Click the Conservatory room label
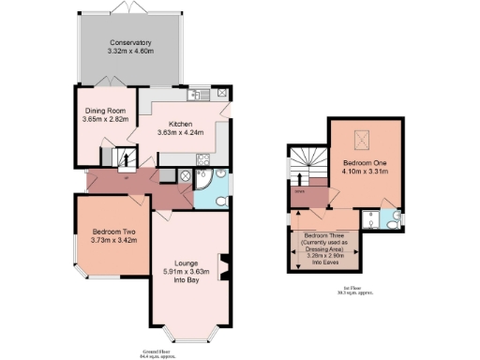tap(129, 43)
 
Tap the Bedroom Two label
tap(112, 232)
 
